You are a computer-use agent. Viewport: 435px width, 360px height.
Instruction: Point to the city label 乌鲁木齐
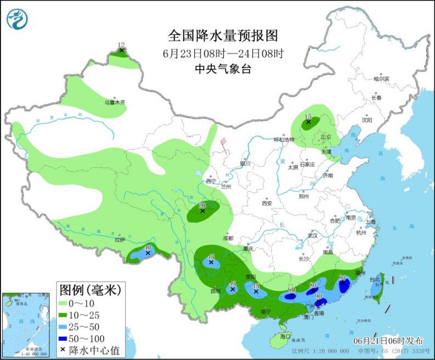tap(115, 102)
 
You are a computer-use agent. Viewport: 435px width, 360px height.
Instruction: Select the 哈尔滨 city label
tap(381, 79)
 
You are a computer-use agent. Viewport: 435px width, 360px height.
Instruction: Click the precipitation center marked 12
tap(121, 50)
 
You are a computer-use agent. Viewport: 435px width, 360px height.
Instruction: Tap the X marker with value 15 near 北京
tap(309, 122)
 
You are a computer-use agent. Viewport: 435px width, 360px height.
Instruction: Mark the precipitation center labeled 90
tap(318, 301)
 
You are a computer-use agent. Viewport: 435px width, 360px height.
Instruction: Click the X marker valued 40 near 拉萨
tap(148, 253)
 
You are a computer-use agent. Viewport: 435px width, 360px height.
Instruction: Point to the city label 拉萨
tap(120, 240)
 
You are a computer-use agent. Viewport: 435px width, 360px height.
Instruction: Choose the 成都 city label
tap(228, 238)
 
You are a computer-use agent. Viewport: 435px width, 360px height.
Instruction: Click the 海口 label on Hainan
tap(284, 335)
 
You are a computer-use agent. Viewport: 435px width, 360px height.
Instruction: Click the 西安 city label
tap(267, 203)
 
